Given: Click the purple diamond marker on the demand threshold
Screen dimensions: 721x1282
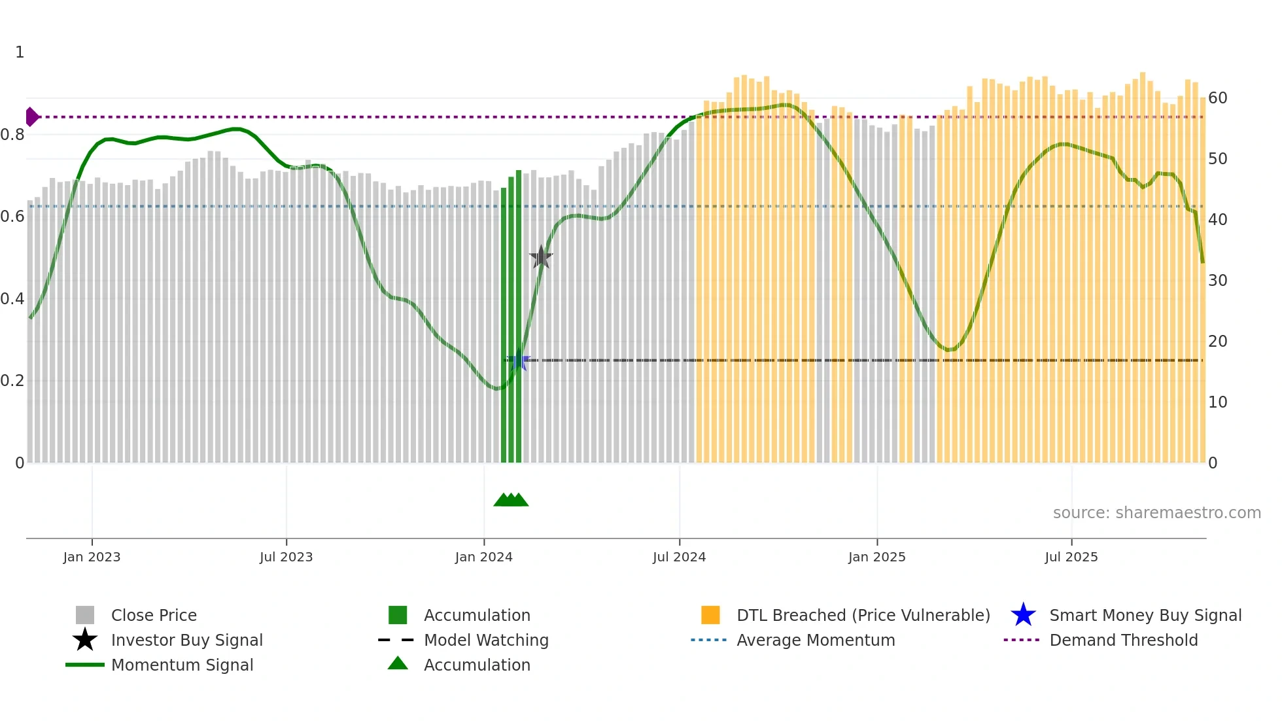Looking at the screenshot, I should coord(31,117).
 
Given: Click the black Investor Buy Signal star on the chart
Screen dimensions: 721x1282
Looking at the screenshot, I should coord(541,257).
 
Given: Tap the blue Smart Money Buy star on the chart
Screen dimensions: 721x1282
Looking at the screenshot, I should coord(520,360).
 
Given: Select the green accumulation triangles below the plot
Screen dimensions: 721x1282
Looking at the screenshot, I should coord(511,500).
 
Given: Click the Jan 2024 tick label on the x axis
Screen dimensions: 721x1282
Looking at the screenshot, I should coord(484,557).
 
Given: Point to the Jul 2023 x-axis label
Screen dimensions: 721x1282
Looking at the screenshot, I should coord(286,557).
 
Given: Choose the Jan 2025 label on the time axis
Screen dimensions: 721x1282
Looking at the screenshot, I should coord(877,557).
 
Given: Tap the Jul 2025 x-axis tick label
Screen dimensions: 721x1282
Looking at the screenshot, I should coord(1071,557).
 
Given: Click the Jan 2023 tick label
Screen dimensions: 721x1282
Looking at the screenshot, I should coord(92,557).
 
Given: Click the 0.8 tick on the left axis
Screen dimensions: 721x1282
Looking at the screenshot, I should coord(12,135).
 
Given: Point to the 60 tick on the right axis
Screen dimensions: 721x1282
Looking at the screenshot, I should coord(1218,98).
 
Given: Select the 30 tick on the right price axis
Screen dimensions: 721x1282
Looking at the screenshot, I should coord(1218,281).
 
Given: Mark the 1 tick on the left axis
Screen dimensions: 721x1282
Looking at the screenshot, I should coord(20,52).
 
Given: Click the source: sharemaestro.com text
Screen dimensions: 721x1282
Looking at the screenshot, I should coord(1156,513).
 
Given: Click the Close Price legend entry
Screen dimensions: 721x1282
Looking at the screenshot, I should coord(154,615).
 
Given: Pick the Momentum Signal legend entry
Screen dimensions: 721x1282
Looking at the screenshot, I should coord(182,665).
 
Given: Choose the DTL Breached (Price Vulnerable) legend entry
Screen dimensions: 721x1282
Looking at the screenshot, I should coord(863,615).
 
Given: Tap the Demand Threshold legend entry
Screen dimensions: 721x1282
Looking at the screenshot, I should coord(1123,640).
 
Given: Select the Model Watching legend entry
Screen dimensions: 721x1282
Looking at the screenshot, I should coord(486,640).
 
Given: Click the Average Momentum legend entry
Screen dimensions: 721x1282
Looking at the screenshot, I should coord(816,640).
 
